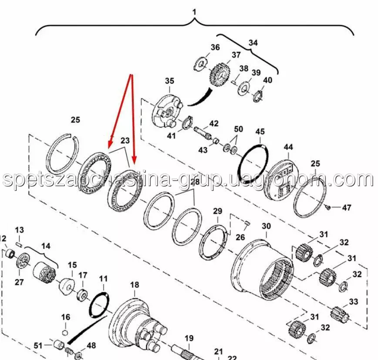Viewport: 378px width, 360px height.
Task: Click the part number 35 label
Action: point(169,81)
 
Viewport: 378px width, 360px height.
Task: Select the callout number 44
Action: point(288,147)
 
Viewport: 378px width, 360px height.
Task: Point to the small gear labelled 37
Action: point(219,76)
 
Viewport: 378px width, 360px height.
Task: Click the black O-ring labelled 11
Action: point(99,305)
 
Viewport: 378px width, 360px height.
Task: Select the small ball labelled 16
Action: point(65,333)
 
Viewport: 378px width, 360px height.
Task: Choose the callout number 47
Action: point(347,207)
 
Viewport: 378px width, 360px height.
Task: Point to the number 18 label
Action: point(135,285)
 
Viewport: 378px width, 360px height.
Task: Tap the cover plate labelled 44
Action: point(283,179)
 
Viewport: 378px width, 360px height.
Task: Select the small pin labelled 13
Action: point(20,245)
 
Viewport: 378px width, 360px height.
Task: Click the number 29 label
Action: point(217,211)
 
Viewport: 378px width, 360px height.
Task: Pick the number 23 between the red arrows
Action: point(125,140)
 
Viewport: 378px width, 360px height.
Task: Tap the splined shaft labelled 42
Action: point(203,132)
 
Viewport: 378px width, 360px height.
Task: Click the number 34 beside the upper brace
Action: point(253,43)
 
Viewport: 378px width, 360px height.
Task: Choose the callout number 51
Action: point(38,346)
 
